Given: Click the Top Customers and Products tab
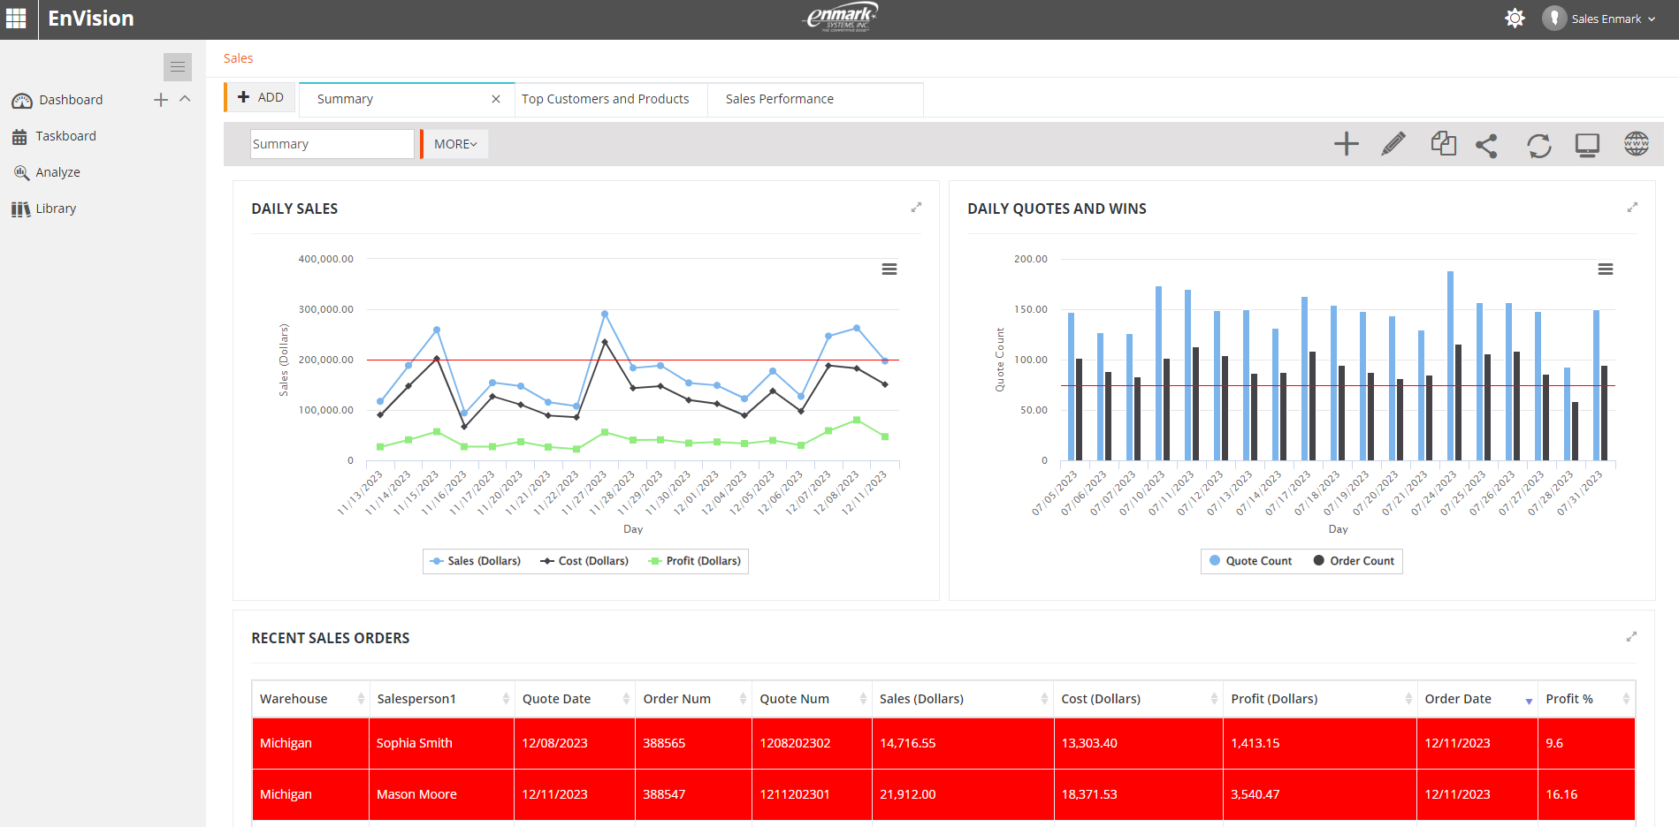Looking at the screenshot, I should coord(605,99).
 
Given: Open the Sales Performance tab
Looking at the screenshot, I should coord(779,99).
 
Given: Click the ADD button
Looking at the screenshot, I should coord(261,97).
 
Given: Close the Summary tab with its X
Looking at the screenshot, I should coord(496,99).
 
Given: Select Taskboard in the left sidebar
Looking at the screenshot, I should coord(65,136).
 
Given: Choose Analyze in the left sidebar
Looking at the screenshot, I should coord(57,172).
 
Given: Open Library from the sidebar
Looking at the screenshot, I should coord(56,209).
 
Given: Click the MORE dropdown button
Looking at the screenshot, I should coord(455,144).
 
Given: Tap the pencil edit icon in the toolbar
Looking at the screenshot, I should coord(1393,144).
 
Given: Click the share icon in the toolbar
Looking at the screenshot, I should coord(1486,145).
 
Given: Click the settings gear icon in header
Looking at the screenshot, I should coord(1515,19).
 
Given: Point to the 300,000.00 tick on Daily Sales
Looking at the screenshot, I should coord(325,309).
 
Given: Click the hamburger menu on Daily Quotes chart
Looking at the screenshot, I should coord(1605,269).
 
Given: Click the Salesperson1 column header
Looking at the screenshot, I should coord(416,699).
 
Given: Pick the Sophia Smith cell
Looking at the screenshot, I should coord(414,743).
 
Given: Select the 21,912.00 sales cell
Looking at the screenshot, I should coord(907,794).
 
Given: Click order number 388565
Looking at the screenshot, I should coord(664,743).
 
